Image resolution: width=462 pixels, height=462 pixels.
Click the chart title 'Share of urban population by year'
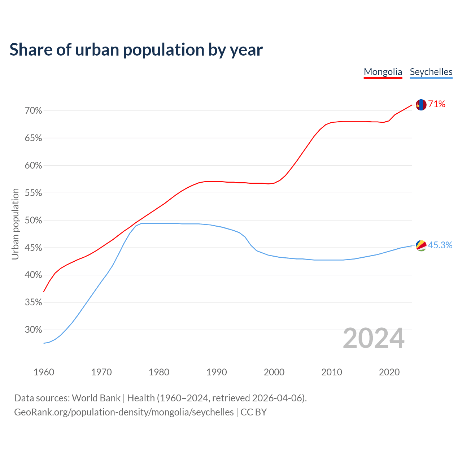136,50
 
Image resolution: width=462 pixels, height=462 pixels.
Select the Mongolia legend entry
383,72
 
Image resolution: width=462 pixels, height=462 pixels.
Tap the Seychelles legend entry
431,72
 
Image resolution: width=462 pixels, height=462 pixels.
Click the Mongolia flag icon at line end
421,105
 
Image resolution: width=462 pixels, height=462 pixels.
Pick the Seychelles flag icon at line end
421,245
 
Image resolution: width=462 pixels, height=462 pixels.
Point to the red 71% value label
437,104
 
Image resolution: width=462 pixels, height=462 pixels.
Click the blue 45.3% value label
440,245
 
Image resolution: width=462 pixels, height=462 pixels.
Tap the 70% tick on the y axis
33,111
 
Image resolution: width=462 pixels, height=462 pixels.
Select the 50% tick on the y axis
33,221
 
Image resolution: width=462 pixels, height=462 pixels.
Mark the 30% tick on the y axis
33,330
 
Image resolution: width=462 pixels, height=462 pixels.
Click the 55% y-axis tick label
33,193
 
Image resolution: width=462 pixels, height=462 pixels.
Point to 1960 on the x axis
44,372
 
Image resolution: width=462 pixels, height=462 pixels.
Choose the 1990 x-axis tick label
217,372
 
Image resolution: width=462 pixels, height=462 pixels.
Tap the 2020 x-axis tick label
389,372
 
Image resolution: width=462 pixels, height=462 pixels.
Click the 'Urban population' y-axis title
15,224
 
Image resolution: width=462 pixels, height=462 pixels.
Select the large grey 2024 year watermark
374,339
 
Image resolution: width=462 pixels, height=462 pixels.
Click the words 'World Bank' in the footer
96,398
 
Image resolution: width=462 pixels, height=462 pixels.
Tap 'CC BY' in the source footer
253,412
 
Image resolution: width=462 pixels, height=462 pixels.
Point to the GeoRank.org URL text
124,412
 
